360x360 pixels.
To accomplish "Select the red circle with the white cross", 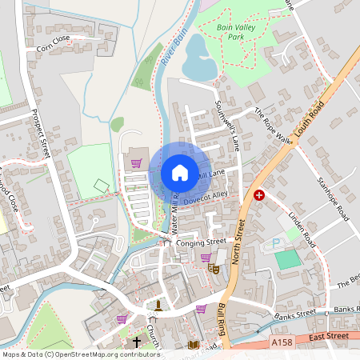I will click(x=259, y=195).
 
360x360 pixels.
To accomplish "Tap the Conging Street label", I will click(x=202, y=241).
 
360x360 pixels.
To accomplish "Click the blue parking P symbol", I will click(x=277, y=243).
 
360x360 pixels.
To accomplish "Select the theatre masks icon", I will click(x=214, y=270).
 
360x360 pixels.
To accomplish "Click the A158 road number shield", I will click(x=281, y=342).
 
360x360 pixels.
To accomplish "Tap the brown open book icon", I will click(x=193, y=345).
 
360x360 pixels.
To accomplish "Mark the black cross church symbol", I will click(x=137, y=342).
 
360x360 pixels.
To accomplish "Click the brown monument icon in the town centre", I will click(x=158, y=305).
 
